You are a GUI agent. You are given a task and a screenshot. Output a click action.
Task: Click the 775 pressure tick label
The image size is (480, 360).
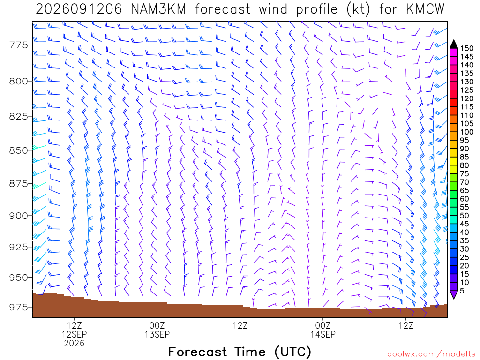click(x=19, y=45)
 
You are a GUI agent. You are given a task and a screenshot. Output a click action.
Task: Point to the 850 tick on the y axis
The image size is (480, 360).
click(x=19, y=150)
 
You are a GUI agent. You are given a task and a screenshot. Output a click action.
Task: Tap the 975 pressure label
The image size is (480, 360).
click(x=19, y=307)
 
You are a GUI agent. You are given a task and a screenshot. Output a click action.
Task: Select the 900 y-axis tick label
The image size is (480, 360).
click(x=19, y=216)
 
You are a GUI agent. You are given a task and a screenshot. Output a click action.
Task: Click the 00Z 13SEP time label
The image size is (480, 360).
click(x=157, y=330)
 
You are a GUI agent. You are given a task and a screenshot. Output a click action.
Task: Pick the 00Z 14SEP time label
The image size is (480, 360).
click(x=323, y=330)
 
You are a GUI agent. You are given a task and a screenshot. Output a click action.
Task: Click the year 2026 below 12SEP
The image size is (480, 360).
click(x=74, y=343)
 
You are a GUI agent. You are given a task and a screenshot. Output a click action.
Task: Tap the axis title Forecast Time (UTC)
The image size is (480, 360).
click(x=240, y=352)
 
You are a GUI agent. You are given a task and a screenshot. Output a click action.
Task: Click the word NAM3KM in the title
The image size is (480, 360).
click(x=158, y=9)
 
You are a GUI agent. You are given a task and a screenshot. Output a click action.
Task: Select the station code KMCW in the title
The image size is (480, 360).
click(x=425, y=9)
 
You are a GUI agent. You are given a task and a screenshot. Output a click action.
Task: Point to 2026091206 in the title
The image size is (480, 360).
click(x=79, y=9)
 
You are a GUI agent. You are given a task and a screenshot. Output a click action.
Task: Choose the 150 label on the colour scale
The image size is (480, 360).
click(x=467, y=48)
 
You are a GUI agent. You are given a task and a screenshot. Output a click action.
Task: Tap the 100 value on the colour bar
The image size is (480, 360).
click(x=467, y=132)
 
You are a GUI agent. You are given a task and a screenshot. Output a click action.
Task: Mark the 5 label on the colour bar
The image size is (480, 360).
click(x=462, y=291)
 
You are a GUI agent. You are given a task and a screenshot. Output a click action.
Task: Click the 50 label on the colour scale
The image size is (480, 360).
click(x=465, y=216)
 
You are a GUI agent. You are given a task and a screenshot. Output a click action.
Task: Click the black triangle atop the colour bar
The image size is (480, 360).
click(x=454, y=45)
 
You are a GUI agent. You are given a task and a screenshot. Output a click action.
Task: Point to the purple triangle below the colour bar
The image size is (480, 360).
click(x=454, y=294)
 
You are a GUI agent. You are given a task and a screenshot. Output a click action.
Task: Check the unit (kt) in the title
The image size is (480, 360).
click(x=359, y=9)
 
